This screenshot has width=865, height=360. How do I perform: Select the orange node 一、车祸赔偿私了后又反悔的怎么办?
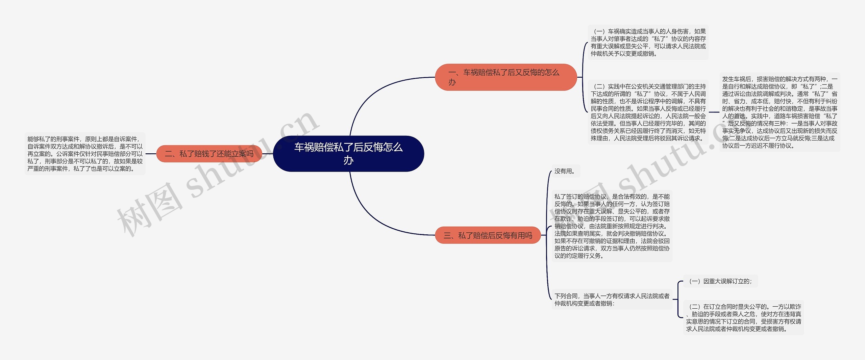(505, 77)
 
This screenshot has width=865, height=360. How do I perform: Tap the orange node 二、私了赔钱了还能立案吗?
(209, 154)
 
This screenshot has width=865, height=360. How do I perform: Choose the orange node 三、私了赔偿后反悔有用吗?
(488, 235)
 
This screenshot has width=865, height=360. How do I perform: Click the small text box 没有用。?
(565, 171)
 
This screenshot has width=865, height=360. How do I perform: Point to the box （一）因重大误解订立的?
(720, 281)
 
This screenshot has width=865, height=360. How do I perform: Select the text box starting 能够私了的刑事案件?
(85, 154)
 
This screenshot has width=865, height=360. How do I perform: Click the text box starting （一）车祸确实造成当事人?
(648, 43)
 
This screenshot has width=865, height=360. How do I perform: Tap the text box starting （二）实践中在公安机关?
(648, 112)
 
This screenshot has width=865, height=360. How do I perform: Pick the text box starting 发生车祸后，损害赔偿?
(780, 112)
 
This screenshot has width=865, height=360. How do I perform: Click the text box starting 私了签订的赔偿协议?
(612, 226)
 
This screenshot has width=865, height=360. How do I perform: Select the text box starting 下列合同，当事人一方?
(612, 300)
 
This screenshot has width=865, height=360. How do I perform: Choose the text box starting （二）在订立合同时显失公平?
(743, 318)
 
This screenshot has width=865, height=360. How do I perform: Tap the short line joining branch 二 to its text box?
(151, 154)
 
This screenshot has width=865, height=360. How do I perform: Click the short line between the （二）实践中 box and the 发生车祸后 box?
(714, 112)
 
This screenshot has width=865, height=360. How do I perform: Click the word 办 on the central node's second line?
(348, 160)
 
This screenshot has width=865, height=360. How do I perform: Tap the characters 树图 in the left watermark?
(149, 209)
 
